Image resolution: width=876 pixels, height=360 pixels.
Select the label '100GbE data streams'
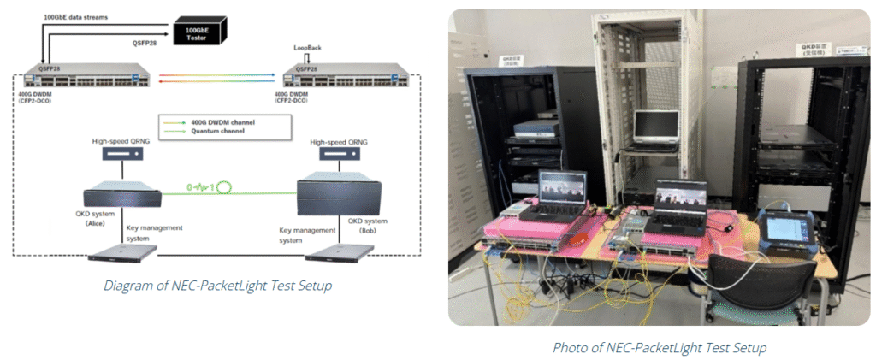tap(74, 16)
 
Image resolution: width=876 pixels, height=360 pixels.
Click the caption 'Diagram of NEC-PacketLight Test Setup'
tap(216, 286)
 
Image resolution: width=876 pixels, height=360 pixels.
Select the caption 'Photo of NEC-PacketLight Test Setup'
tap(659, 347)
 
